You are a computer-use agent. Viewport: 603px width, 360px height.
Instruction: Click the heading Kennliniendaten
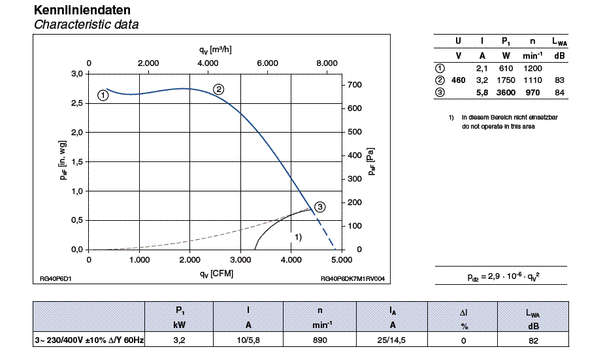coord(77,10)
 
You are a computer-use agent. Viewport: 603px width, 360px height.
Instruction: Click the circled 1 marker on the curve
coord(103,95)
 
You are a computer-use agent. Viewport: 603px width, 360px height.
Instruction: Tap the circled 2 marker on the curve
coord(219,89)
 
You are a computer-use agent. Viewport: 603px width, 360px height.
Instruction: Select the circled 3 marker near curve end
coord(319,207)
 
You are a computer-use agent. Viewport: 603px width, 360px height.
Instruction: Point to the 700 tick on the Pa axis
coord(355,85)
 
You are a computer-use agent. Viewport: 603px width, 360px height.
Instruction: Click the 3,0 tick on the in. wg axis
coord(77,74)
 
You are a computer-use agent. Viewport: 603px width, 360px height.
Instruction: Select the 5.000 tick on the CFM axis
coord(341,259)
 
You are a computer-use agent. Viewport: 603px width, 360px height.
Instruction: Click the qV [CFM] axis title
coord(216,274)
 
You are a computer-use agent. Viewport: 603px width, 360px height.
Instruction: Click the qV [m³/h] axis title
coord(216,50)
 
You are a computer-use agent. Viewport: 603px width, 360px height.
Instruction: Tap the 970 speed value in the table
coord(532,93)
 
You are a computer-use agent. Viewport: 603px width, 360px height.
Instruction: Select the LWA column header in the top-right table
coord(559,42)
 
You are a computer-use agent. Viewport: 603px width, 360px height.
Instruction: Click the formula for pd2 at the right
coord(503,277)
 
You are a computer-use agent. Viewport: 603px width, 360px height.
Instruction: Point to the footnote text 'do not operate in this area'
coord(498,127)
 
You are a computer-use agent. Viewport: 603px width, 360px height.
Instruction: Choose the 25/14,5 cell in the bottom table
coord(393,340)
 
